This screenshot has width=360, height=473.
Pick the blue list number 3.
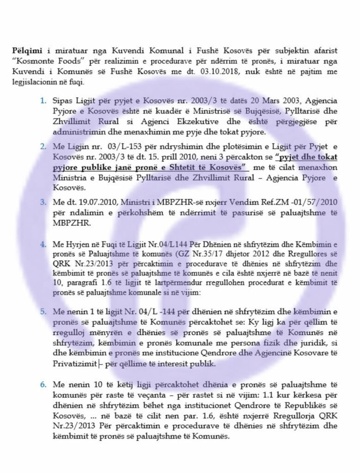click(x=44, y=202)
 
